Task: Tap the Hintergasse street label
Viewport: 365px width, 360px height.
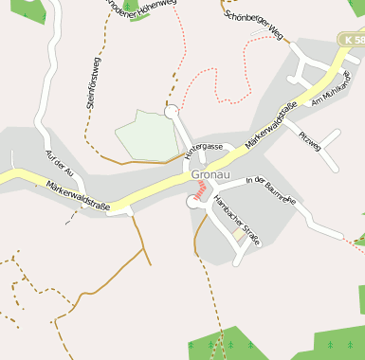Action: coord(204,149)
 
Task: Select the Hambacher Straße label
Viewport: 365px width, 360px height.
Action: coord(236,219)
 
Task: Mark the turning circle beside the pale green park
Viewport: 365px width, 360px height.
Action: coord(172,112)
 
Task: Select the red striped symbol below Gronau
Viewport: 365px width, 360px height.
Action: coord(199,189)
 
